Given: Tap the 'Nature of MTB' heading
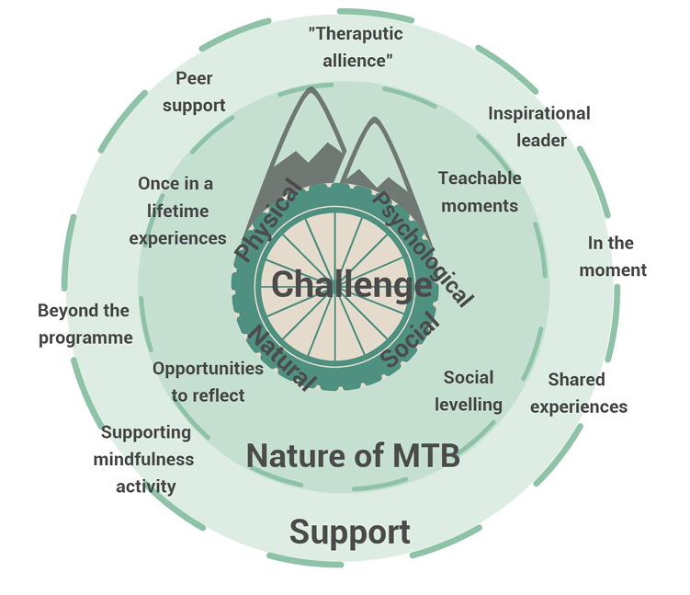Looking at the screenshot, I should (x=353, y=454).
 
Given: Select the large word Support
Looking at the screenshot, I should (x=350, y=532).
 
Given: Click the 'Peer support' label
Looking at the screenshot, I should (x=194, y=91).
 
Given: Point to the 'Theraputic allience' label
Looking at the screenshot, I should (x=356, y=46).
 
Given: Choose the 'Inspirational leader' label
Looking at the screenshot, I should (x=539, y=127).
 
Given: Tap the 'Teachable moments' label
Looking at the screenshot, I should (x=480, y=191).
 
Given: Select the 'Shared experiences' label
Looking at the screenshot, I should (x=579, y=393).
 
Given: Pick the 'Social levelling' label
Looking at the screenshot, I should (x=469, y=391).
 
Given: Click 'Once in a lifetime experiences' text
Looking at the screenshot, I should (x=177, y=211).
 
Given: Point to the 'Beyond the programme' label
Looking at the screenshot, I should (x=85, y=325).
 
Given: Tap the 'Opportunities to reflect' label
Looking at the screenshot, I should (x=208, y=382).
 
